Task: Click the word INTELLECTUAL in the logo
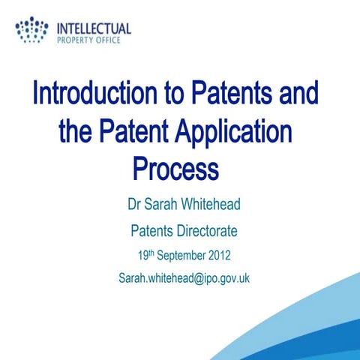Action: (94, 28)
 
